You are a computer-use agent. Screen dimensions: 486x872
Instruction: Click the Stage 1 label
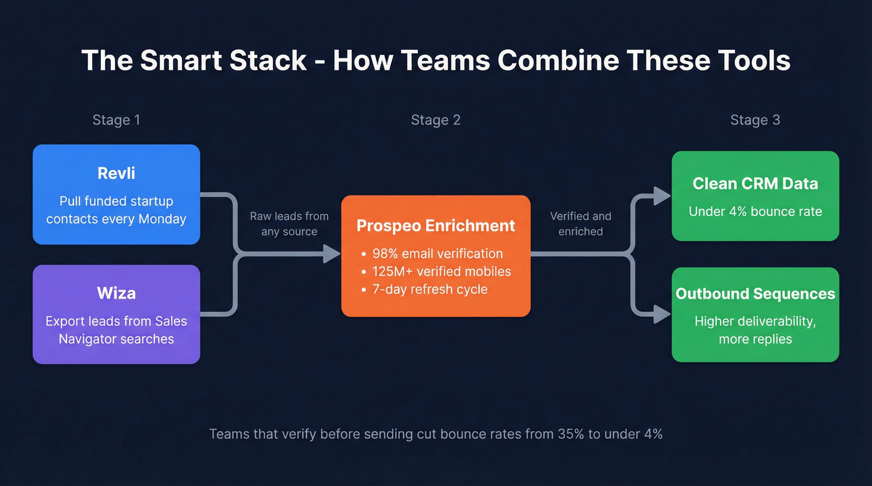[116, 120]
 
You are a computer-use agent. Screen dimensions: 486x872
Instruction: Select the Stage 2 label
[435, 120]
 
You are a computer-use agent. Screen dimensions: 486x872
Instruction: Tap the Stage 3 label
[755, 120]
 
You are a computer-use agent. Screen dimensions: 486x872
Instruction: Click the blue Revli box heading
[116, 173]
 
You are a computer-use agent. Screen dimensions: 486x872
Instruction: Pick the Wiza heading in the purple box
[116, 293]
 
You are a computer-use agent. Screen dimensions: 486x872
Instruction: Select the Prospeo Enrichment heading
[435, 225]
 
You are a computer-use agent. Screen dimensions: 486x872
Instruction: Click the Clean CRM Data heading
[755, 184]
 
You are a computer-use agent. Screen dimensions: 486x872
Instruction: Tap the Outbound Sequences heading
[755, 294]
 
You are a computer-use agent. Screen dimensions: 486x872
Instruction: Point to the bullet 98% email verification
[437, 253]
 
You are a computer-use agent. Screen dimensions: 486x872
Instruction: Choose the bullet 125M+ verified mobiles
[441, 271]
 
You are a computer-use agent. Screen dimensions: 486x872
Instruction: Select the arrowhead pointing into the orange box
[332, 254]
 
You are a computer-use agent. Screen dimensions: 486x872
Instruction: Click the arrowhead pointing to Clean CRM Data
[662, 195]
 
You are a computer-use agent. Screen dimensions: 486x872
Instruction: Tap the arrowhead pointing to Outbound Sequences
[662, 314]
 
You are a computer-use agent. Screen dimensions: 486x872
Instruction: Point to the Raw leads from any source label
[289, 224]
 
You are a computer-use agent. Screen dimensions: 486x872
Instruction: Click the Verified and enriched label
[581, 224]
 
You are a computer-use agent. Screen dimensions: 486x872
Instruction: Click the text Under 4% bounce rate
[755, 212]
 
